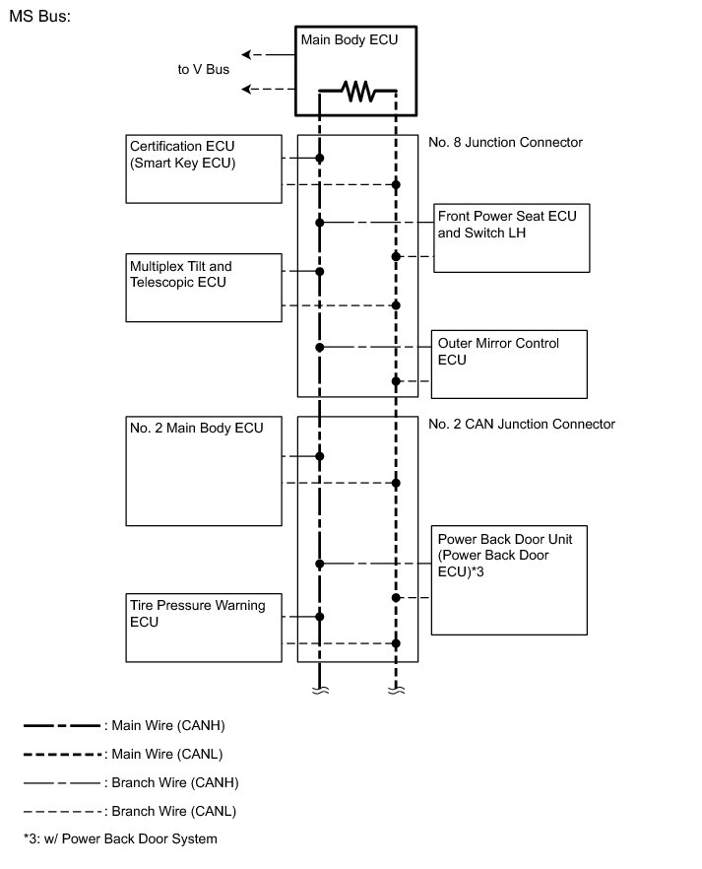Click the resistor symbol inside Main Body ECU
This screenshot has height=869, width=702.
pos(357,93)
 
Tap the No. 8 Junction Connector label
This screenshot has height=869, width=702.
pos(505,143)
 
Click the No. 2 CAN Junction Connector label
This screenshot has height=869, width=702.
pos(522,425)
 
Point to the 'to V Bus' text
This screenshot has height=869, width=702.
pos(204,69)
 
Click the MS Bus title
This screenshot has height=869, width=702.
pos(39,19)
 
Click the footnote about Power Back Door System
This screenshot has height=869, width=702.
pos(120,839)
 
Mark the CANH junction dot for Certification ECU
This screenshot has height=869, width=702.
pos(319,158)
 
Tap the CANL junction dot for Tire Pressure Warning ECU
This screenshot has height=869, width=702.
pos(396,643)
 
